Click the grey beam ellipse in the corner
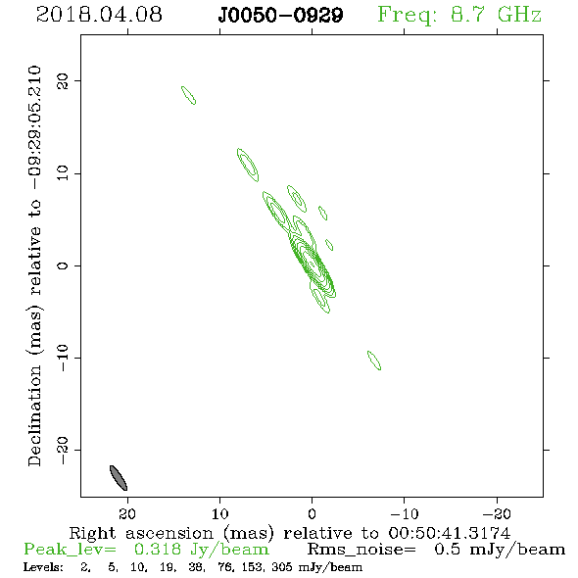click(x=119, y=478)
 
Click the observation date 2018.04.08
click(x=99, y=15)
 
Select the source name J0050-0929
click(x=280, y=15)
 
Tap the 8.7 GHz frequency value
click(x=496, y=15)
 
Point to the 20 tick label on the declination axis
click(x=63, y=81)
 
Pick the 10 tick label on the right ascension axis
click(x=220, y=514)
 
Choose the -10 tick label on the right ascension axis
click(x=405, y=514)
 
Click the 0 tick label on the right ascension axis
click(x=312, y=514)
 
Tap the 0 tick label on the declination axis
click(x=63, y=265)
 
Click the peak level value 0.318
click(x=158, y=550)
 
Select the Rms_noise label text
click(x=361, y=550)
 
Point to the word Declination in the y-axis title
click(x=34, y=415)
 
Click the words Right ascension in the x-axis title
click(x=141, y=533)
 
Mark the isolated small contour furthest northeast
click(x=188, y=95)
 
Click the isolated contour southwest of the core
click(x=374, y=361)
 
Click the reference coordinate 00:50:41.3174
click(x=450, y=533)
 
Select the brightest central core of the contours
click(x=312, y=264)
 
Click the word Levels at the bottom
click(x=43, y=567)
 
